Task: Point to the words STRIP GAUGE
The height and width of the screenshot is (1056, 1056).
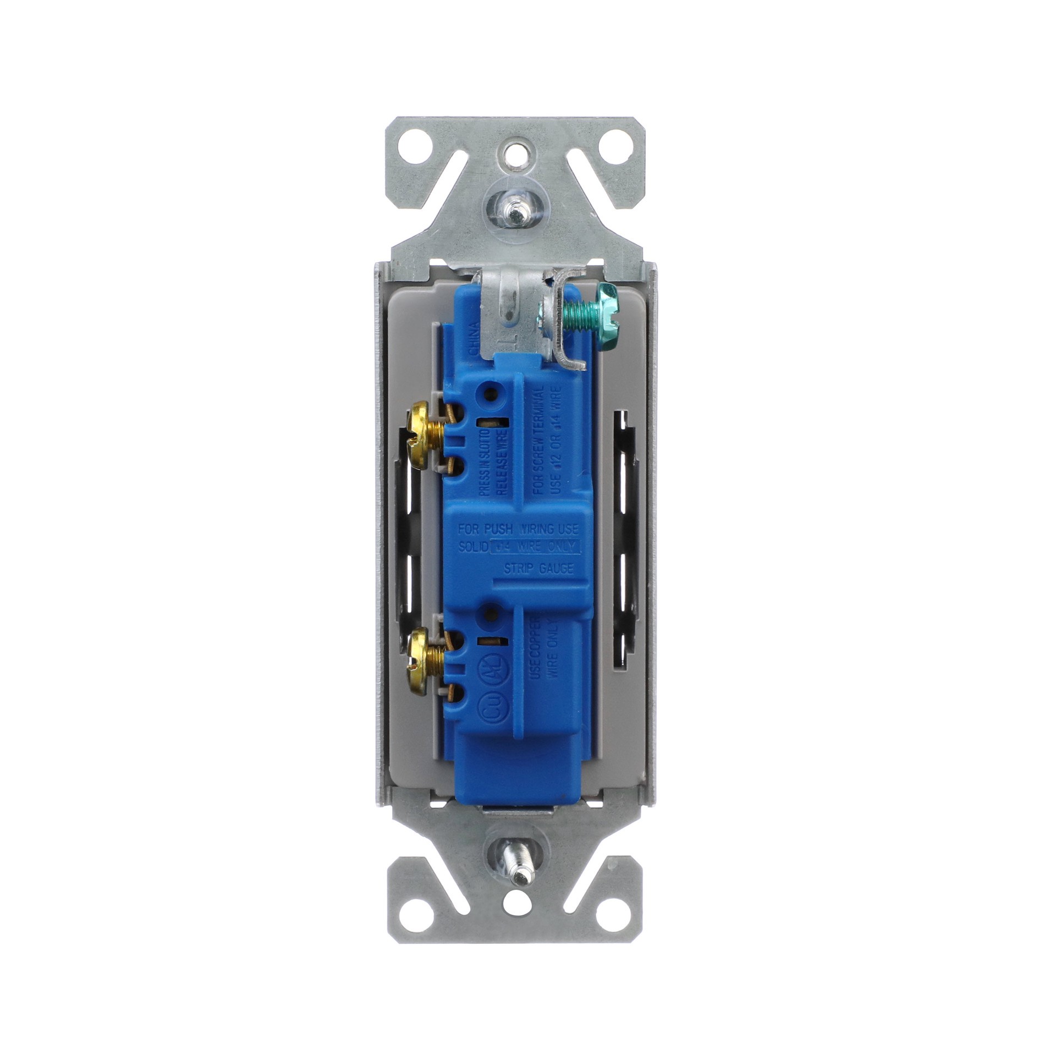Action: click(x=538, y=569)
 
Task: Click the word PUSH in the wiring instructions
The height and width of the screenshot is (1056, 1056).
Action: click(x=498, y=530)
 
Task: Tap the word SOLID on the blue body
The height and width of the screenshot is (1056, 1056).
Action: click(x=474, y=547)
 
